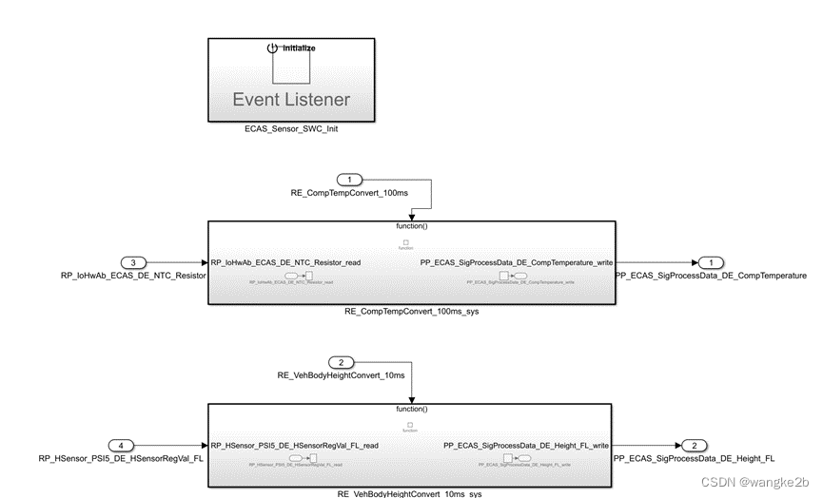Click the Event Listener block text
291,99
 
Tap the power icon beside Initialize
272,48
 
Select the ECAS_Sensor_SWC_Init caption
291,129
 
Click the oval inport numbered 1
350,180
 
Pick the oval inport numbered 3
136,262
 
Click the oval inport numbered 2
341,362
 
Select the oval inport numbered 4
122,445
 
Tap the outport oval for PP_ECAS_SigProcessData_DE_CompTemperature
710,262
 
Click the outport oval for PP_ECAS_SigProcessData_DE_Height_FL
696,445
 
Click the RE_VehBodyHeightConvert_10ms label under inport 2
341,375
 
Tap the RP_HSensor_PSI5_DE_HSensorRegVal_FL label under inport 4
122,458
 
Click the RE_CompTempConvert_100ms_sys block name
411,312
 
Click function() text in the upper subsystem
411,227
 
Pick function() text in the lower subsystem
411,410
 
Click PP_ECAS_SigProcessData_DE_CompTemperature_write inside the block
517,262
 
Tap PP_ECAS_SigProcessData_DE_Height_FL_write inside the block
526,445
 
